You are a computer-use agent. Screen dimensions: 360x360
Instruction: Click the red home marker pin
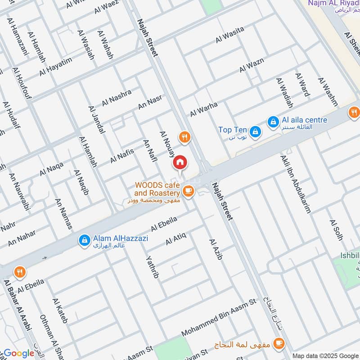coord(180,162)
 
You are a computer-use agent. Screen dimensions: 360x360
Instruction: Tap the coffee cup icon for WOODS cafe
coord(188,192)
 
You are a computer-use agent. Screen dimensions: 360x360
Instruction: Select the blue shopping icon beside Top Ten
coord(255,130)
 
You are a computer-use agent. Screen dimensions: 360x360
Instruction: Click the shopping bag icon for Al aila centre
coord(273,121)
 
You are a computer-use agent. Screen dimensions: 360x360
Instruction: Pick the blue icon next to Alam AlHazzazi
coord(84,241)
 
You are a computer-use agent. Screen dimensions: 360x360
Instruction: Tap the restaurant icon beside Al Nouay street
coord(184,137)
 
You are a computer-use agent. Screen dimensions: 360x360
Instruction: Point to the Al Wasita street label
coord(229,35)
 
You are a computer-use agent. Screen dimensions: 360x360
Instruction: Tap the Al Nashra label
coord(117,98)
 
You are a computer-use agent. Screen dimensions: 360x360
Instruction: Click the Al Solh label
coord(336,230)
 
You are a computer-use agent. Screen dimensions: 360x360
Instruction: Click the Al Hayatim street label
coord(55,66)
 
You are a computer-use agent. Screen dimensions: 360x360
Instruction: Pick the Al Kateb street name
coord(60,311)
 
